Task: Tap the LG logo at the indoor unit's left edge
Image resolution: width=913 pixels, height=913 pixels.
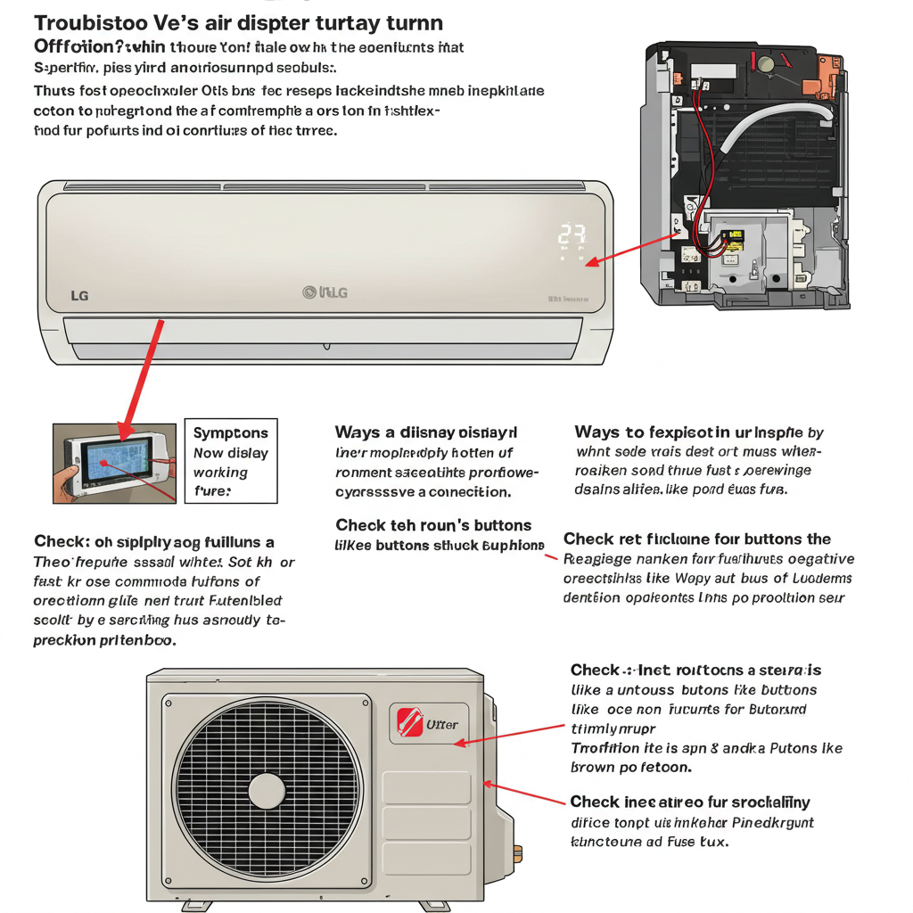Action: click(79, 295)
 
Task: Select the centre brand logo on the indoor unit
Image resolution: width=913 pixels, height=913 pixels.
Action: click(325, 292)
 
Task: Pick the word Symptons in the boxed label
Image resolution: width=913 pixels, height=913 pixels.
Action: click(230, 433)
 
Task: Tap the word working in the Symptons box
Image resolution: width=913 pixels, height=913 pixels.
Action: click(220, 473)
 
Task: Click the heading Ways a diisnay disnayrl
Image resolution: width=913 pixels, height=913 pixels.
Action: click(425, 432)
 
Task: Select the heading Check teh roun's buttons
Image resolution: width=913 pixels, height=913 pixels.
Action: click(433, 525)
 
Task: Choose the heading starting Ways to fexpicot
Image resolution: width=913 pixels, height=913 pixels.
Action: click(699, 432)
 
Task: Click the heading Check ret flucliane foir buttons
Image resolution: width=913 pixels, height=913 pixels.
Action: click(697, 539)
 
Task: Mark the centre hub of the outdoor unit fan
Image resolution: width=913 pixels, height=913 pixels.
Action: click(267, 791)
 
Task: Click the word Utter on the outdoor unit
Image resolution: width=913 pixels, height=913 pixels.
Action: click(442, 724)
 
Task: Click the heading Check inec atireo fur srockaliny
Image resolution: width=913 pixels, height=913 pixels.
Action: click(689, 802)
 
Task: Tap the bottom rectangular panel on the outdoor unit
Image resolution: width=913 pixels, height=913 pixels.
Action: click(426, 860)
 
